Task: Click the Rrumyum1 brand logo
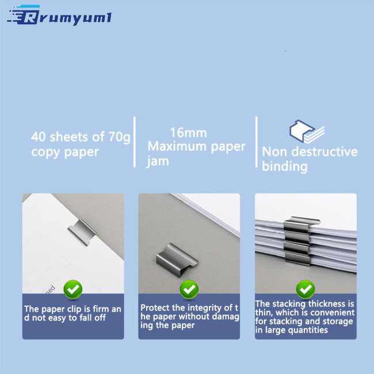(x=59, y=16)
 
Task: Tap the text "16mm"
(x=188, y=132)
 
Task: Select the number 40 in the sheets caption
(x=38, y=137)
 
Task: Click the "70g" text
(x=120, y=138)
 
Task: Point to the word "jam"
(x=158, y=161)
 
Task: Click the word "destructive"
(x=325, y=151)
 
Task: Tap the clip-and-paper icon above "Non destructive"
(x=307, y=131)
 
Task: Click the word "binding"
(x=285, y=166)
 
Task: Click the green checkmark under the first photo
(x=73, y=289)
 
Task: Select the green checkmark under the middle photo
(x=189, y=289)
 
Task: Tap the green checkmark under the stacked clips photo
(x=306, y=289)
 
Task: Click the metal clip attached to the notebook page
(x=82, y=232)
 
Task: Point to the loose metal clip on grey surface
(x=177, y=259)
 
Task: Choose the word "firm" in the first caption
(x=101, y=309)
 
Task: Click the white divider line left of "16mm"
(x=135, y=142)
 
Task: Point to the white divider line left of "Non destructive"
(x=257, y=142)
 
